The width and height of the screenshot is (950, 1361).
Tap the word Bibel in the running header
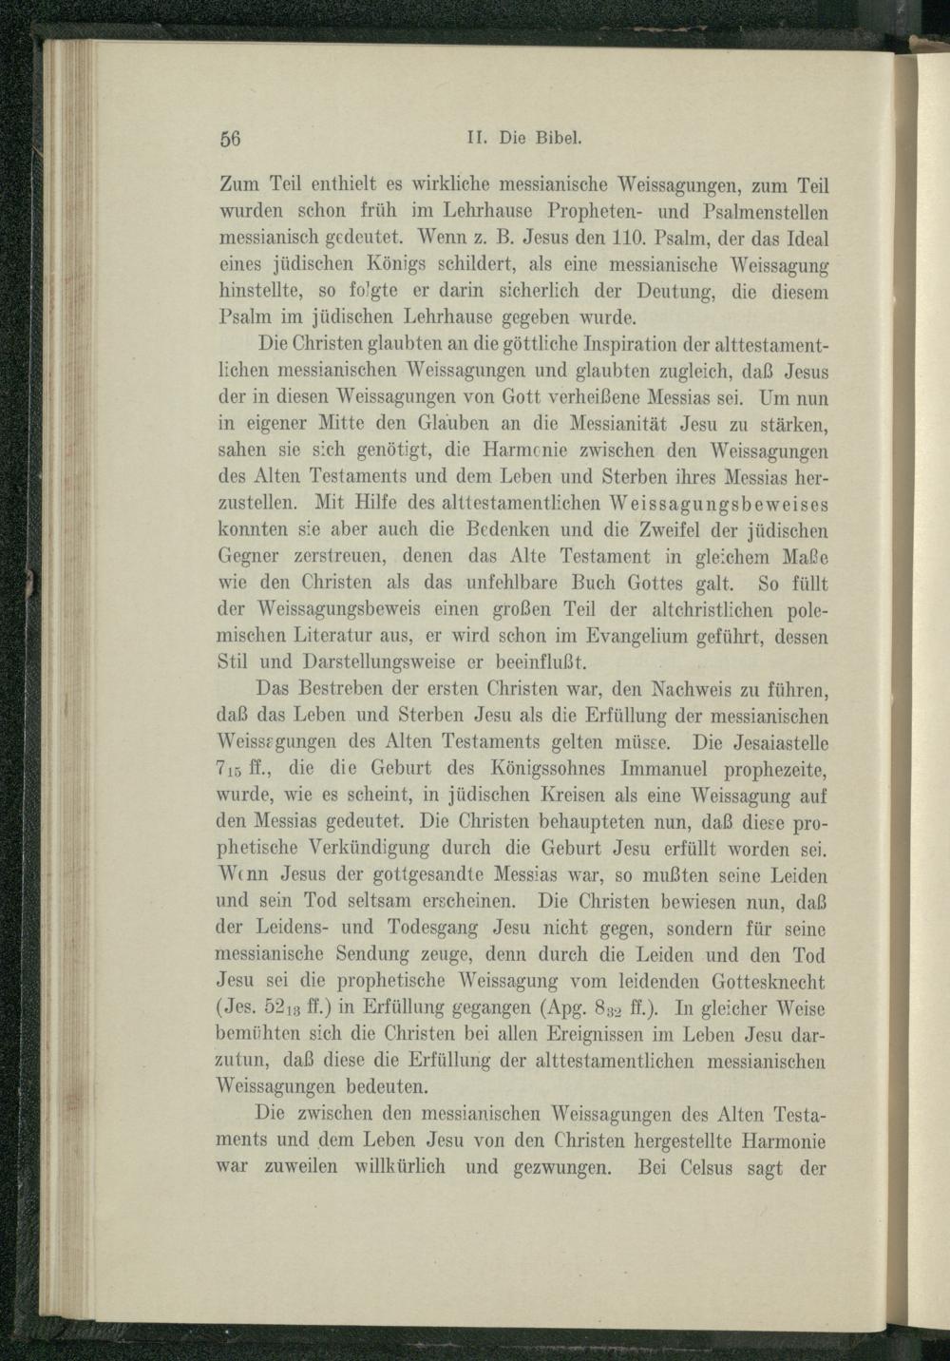(555, 135)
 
